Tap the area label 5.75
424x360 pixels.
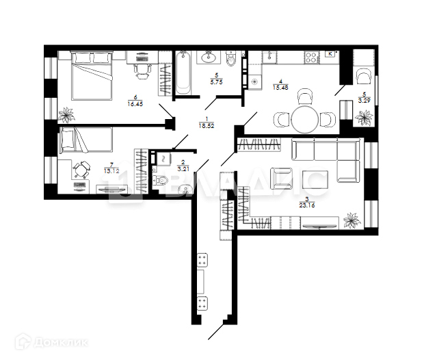point(216,80)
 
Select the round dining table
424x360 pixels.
point(305,119)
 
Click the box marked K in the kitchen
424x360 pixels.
point(330,53)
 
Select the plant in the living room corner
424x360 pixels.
point(353,220)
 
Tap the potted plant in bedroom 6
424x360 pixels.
point(67,114)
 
